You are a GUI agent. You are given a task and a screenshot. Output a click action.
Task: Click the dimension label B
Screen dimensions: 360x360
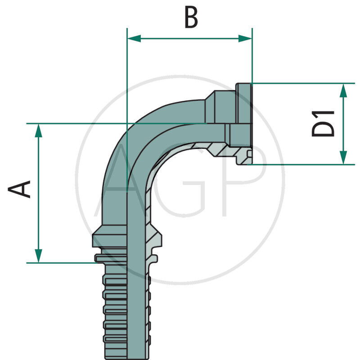click(191, 18)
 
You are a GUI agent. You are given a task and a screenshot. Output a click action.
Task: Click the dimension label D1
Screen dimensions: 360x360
click(324, 123)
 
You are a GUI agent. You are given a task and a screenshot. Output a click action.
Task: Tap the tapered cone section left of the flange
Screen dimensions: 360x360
click(214, 106)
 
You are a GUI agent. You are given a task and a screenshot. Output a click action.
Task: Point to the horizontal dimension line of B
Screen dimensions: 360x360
click(189, 39)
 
